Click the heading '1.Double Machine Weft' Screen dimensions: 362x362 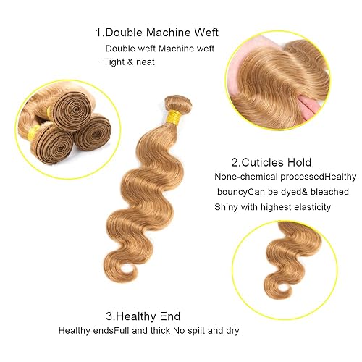[x=156, y=33]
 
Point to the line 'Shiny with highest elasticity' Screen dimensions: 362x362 [x=272, y=207]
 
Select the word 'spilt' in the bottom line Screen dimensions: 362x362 [x=200, y=331]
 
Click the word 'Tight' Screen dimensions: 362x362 [x=114, y=62]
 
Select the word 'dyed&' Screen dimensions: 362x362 [x=279, y=192]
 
